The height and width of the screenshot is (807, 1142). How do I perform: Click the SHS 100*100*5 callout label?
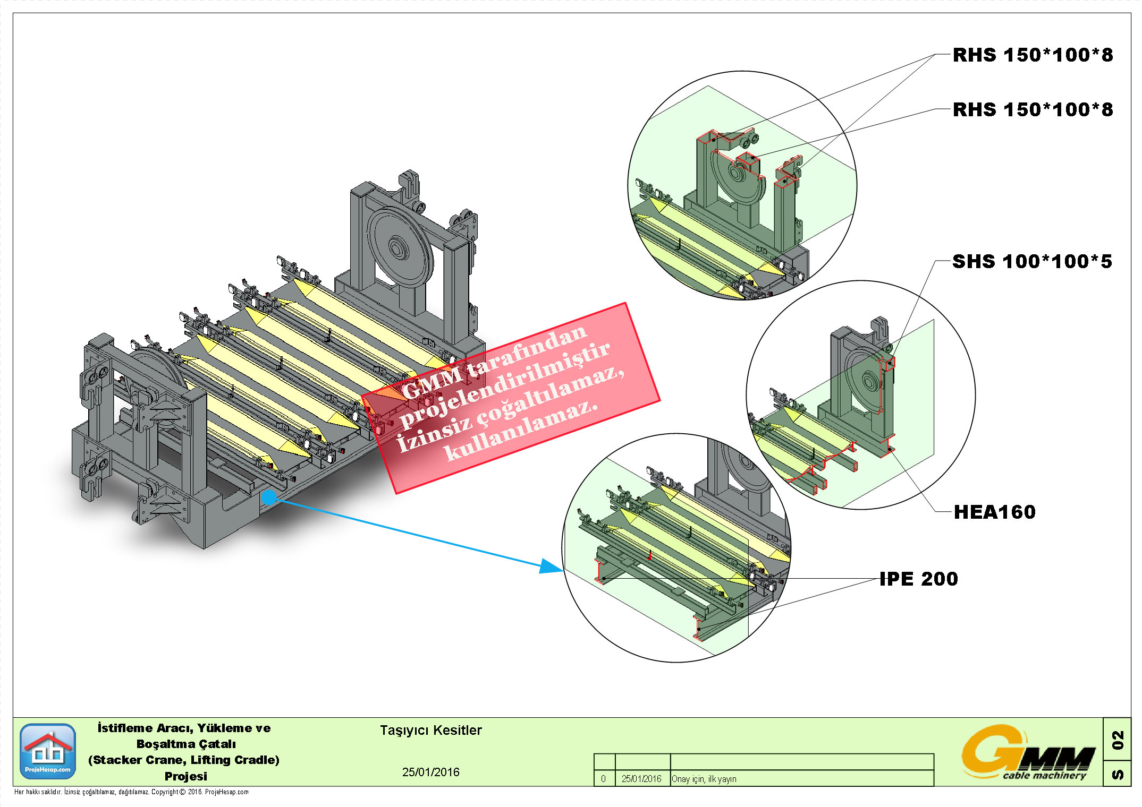[1031, 262]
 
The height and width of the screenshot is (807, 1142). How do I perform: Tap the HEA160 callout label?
[994, 512]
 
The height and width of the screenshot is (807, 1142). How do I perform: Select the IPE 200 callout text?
[918, 579]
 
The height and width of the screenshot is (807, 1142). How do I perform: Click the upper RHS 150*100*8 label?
[1032, 55]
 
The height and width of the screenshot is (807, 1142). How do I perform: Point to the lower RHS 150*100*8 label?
[1032, 110]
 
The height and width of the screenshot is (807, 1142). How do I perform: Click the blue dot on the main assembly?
[269, 497]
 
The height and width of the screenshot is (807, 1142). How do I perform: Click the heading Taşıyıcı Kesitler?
[430, 731]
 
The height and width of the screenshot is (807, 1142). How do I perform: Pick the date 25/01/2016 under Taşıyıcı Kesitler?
[430, 772]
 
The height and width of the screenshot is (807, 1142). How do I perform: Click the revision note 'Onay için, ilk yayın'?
[704, 779]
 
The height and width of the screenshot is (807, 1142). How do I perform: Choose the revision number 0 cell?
[603, 779]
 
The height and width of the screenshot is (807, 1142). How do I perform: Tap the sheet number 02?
[1118, 740]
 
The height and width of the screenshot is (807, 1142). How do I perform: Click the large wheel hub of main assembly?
[397, 247]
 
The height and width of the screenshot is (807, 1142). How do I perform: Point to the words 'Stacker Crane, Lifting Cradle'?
[184, 760]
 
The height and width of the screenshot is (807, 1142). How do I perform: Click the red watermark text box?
[510, 398]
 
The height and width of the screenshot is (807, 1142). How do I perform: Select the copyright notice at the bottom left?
[131, 792]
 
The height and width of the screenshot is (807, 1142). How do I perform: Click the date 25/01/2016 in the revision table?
[641, 779]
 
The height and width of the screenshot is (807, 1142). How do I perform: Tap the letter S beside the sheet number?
[1118, 775]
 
